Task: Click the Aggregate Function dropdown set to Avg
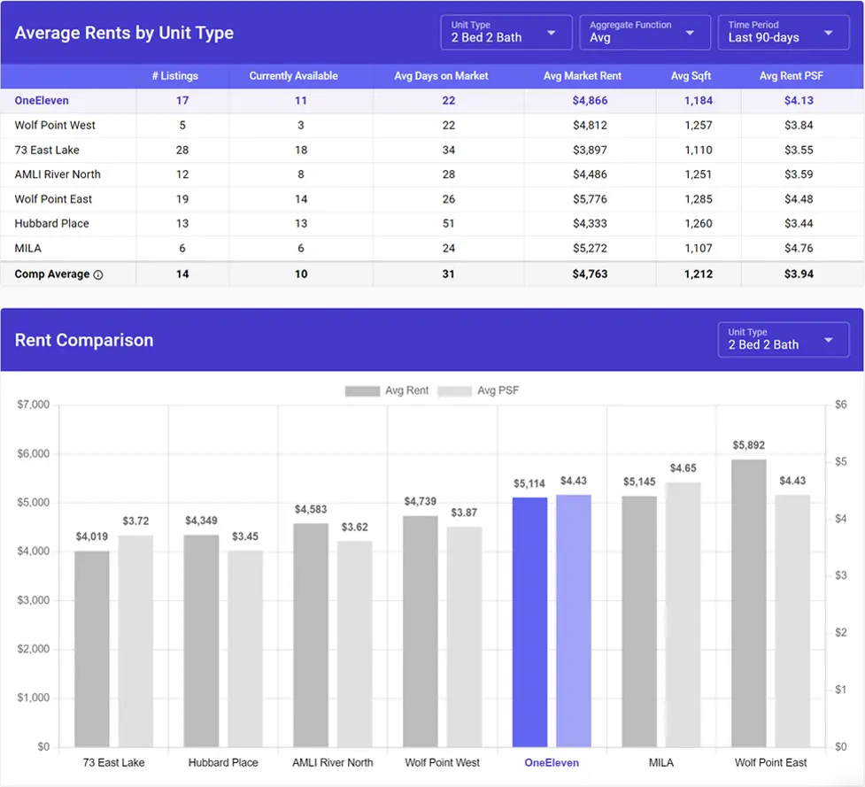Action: [644, 33]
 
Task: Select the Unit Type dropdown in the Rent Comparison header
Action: [783, 340]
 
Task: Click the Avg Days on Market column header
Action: [441, 76]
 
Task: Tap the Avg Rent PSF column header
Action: [791, 76]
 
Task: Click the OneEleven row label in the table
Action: [42, 101]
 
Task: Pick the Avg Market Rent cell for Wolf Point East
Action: [590, 199]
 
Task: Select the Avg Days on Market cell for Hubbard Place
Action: [448, 224]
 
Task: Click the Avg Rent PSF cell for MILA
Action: [798, 249]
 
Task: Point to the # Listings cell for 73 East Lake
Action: [182, 150]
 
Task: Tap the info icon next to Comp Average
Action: [98, 274]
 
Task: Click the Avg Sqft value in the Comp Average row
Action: [698, 274]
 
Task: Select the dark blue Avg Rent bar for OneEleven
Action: [529, 621]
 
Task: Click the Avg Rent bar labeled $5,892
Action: [748, 602]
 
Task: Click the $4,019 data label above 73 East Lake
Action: [91, 536]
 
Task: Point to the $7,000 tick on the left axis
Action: [34, 405]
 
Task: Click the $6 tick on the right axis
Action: [842, 405]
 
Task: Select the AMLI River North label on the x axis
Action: [333, 762]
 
